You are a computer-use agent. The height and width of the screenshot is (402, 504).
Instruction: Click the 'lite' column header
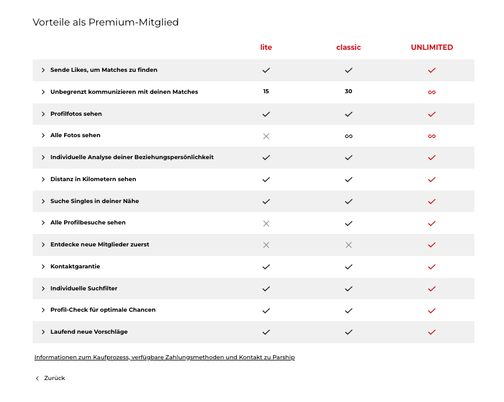tap(266, 48)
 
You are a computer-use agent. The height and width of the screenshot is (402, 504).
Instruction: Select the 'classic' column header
tap(348, 48)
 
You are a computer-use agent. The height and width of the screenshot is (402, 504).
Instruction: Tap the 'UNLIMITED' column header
tap(432, 48)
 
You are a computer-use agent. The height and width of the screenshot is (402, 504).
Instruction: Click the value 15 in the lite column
tap(266, 91)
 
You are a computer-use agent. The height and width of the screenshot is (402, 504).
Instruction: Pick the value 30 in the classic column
tap(348, 91)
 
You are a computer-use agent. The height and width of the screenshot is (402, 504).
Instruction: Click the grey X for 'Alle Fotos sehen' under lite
tap(266, 136)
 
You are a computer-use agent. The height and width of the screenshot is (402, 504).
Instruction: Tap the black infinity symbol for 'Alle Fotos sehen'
tap(348, 136)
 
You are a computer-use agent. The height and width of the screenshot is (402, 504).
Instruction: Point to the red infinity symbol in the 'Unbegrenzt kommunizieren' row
tap(432, 92)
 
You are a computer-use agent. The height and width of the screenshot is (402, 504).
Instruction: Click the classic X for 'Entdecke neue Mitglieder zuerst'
tap(348, 245)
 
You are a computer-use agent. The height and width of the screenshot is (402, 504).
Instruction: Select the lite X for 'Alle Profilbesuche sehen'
tap(266, 223)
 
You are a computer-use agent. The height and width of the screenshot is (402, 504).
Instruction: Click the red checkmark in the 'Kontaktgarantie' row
tap(432, 267)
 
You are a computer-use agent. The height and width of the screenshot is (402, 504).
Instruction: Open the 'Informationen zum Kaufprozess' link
tap(164, 357)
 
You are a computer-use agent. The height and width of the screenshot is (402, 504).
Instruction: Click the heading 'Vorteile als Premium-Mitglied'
tap(106, 23)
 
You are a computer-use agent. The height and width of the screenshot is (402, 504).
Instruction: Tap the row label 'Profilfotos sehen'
tap(76, 114)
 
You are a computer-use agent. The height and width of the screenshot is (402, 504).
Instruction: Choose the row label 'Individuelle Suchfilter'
tap(84, 289)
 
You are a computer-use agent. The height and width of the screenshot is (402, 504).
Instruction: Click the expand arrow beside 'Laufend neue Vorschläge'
tap(43, 332)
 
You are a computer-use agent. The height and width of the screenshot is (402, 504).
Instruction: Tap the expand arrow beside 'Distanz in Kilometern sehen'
tap(43, 179)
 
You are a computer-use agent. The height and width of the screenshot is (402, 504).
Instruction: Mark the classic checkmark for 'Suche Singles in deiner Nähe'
tap(348, 201)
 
